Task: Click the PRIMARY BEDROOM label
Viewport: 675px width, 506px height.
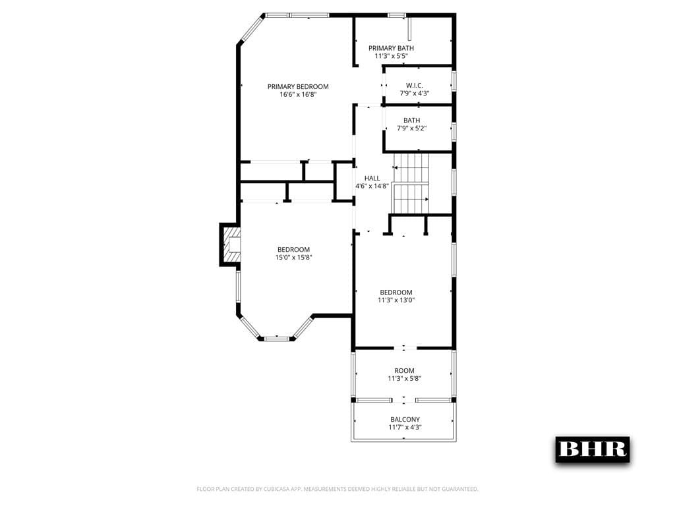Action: pyautogui.click(x=298, y=86)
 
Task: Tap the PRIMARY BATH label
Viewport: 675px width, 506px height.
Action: pyautogui.click(x=392, y=48)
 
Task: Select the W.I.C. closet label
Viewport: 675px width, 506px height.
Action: pyautogui.click(x=415, y=85)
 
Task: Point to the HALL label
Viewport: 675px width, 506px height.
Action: pyautogui.click(x=372, y=178)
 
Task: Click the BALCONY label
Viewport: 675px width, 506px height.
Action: pyautogui.click(x=405, y=420)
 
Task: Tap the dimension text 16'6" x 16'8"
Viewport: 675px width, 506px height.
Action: pyautogui.click(x=298, y=95)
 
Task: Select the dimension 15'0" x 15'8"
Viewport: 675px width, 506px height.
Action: pyautogui.click(x=293, y=258)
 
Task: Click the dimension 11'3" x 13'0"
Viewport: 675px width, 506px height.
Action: pyautogui.click(x=396, y=300)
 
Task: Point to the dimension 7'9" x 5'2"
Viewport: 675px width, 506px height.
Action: pyautogui.click(x=412, y=128)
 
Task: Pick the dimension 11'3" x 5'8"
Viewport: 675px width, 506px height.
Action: pyautogui.click(x=405, y=379)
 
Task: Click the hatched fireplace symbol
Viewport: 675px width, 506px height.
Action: pyautogui.click(x=231, y=244)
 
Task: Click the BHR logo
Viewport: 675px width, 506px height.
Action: pyautogui.click(x=592, y=449)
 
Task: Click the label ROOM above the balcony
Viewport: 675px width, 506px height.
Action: pyautogui.click(x=405, y=371)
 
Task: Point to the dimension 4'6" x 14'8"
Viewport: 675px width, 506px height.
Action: pyautogui.click(x=372, y=186)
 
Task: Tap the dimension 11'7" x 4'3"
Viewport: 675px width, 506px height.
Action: pyautogui.click(x=405, y=428)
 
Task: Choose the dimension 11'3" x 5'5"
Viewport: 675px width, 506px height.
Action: pyautogui.click(x=392, y=57)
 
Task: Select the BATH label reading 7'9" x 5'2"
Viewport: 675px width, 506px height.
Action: pyautogui.click(x=412, y=121)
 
